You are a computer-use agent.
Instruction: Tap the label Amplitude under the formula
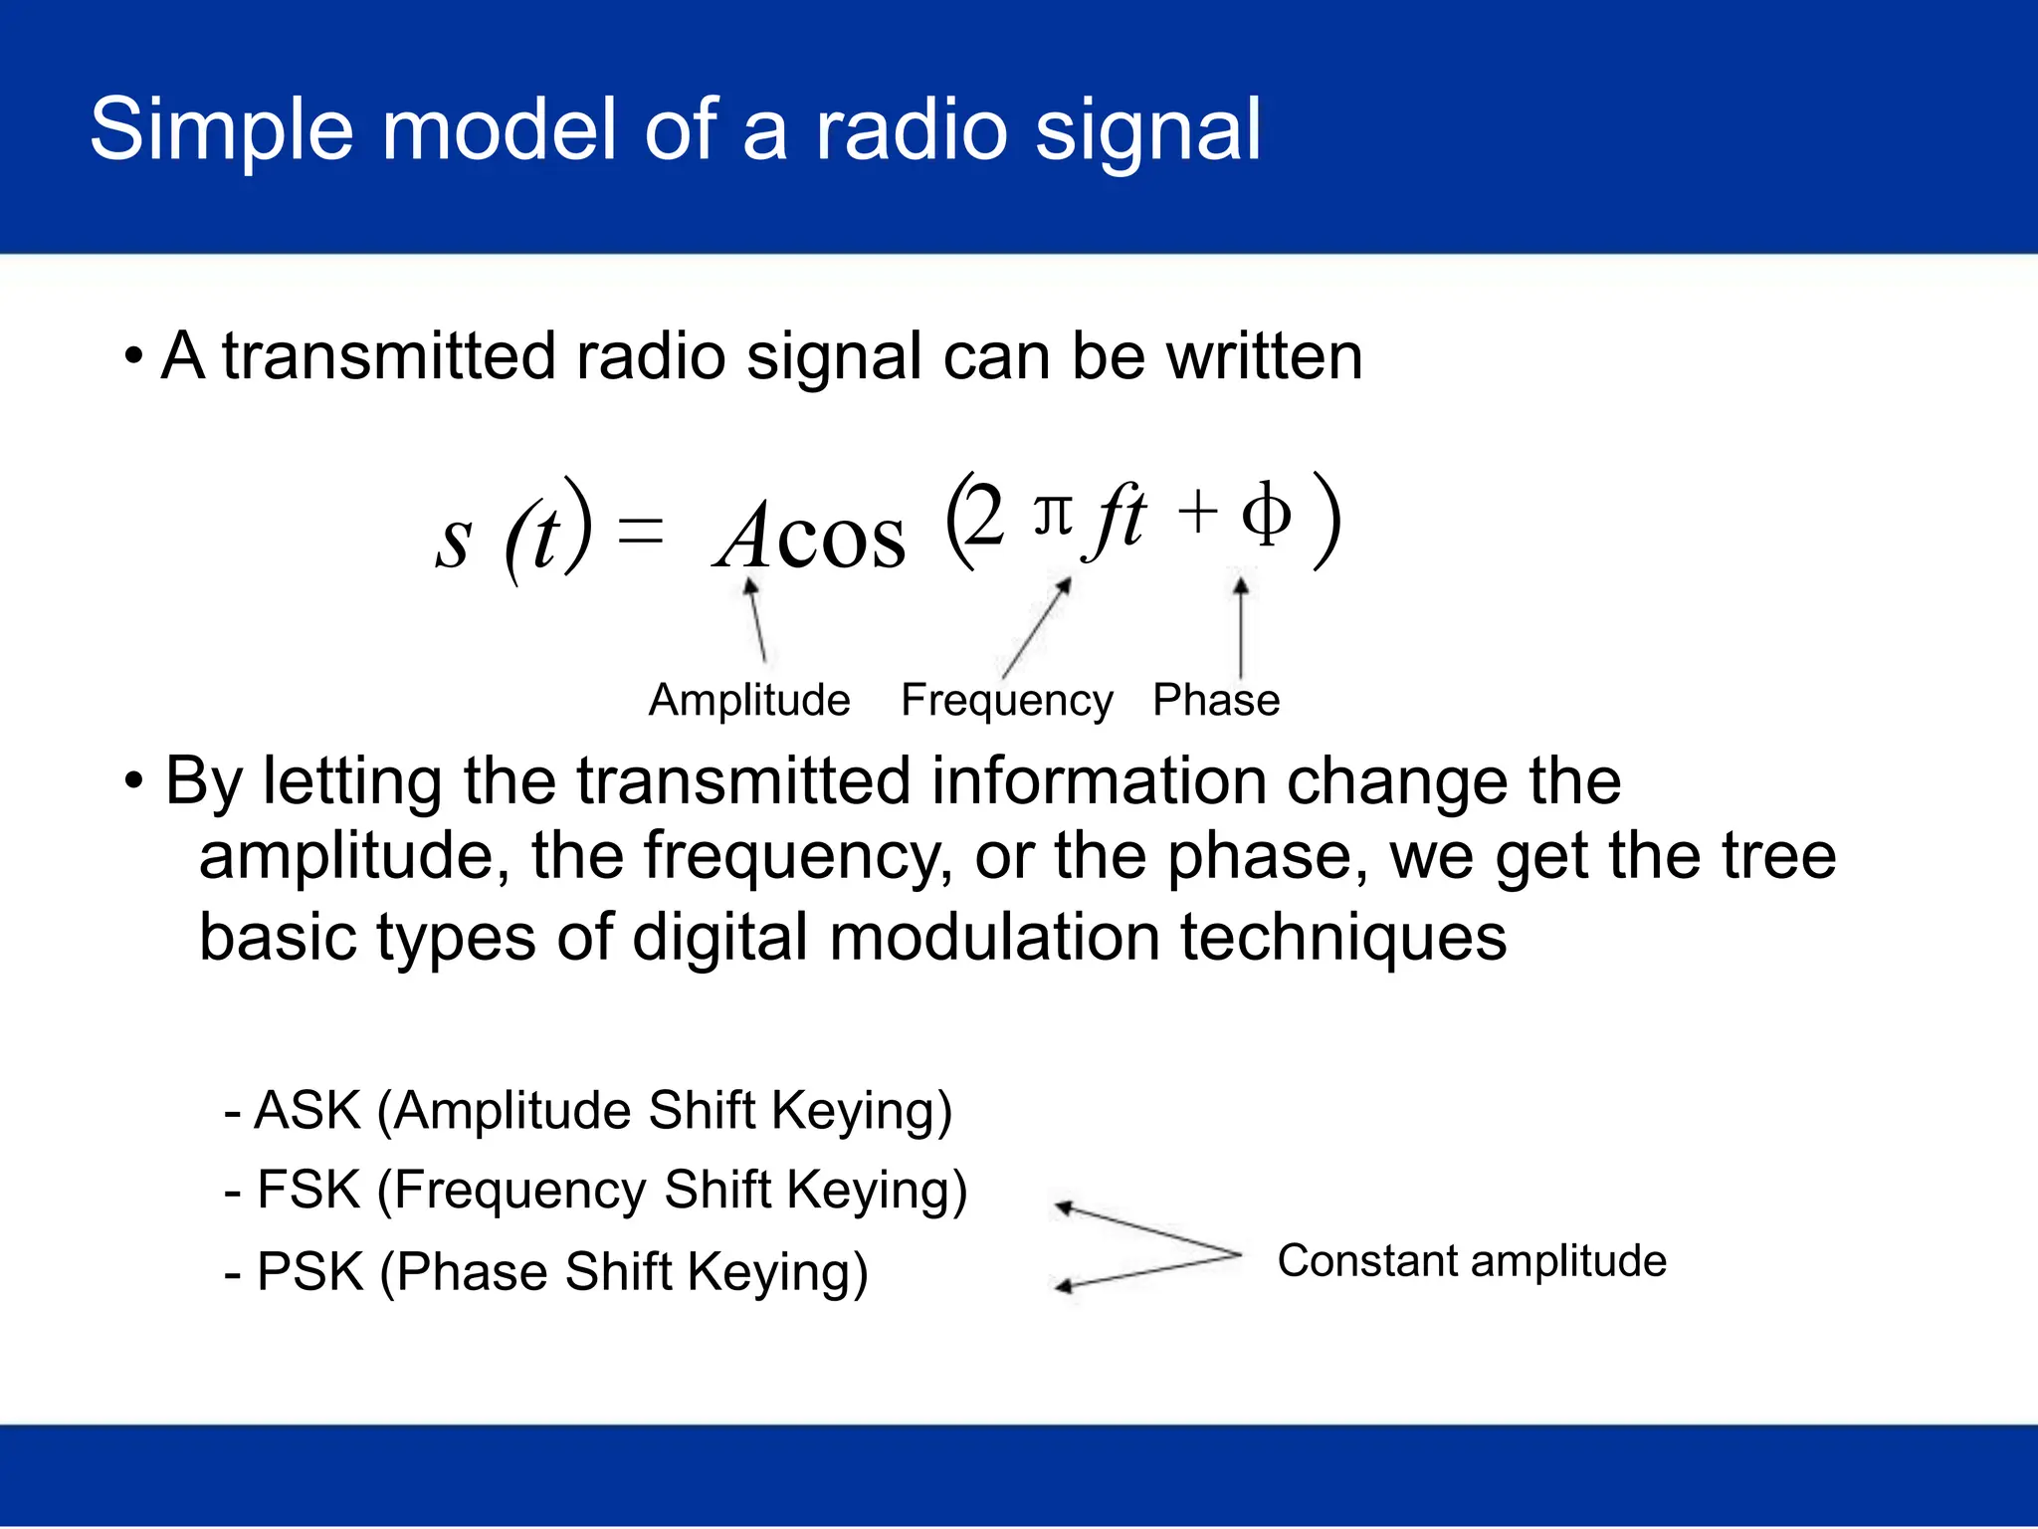749,700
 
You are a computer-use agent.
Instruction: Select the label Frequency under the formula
1006,701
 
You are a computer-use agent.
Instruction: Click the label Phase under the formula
1215,700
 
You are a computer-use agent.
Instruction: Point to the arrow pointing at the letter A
757,622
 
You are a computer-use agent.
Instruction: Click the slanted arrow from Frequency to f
1036,628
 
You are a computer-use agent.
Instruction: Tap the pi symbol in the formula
1053,516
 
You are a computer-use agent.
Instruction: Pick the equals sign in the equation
640,533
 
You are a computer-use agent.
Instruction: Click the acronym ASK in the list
307,1110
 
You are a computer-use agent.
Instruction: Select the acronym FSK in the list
308,1190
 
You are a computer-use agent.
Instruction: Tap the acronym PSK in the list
309,1272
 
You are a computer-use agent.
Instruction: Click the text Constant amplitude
1472,1261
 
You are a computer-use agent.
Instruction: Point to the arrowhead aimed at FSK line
1063,1207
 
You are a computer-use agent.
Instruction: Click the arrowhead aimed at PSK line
1063,1286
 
